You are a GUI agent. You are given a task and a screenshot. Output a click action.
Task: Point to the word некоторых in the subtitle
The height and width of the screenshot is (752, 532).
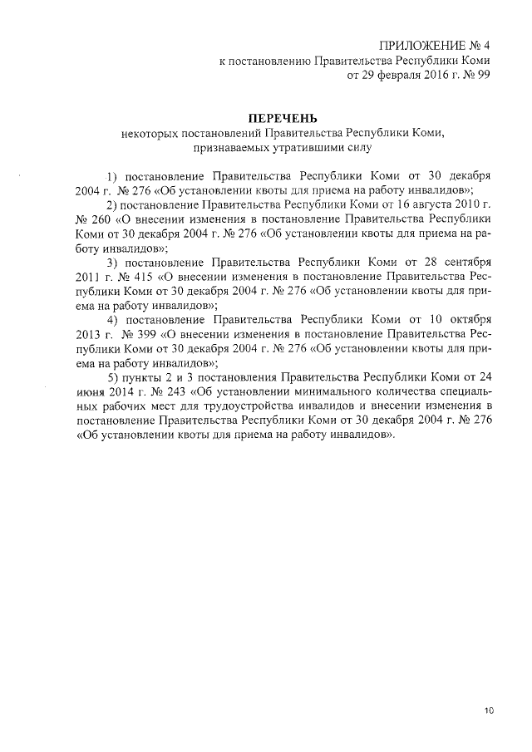click(149, 134)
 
